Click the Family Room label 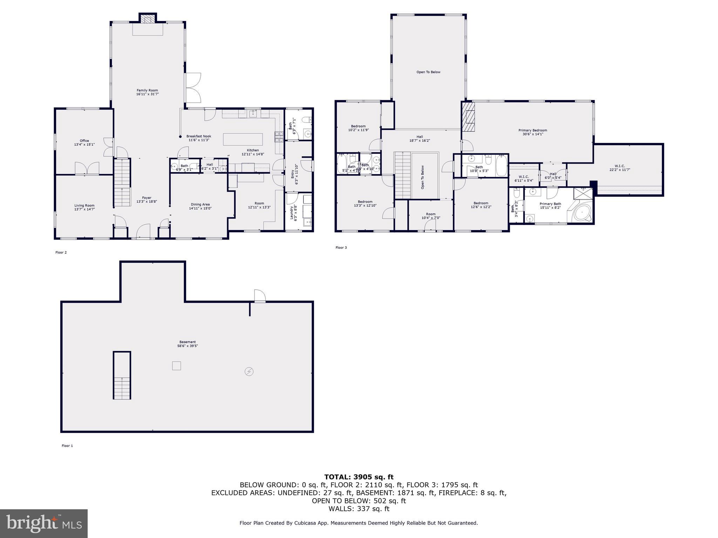[x=147, y=90]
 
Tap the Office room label [x=84, y=141]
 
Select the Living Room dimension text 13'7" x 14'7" [x=84, y=209]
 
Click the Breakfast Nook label [x=198, y=136]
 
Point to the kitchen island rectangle [x=243, y=139]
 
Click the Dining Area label [x=200, y=205]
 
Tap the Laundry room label [x=291, y=213]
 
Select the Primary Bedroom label [x=533, y=130]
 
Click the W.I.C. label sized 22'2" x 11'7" [x=619, y=166]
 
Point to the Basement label [x=188, y=342]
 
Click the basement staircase [x=122, y=375]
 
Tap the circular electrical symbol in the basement [x=249, y=372]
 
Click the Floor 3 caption [x=341, y=248]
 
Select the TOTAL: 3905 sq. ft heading [x=359, y=477]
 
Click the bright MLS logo [x=43, y=523]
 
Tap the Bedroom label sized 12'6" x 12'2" [x=481, y=203]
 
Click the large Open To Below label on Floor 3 [x=428, y=72]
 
